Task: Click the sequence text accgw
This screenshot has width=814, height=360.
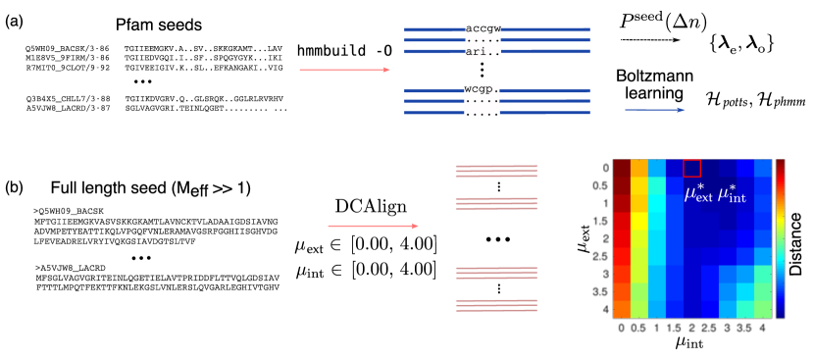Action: tap(483, 29)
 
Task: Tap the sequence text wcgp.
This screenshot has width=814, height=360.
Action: tap(480, 89)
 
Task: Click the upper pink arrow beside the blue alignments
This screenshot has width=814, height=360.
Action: tap(344, 70)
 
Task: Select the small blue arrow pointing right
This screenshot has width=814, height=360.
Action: tap(655, 110)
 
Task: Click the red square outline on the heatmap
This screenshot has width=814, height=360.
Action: tap(692, 168)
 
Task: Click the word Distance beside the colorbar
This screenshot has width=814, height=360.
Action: tap(796, 244)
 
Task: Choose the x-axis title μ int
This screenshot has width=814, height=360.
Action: tap(691, 343)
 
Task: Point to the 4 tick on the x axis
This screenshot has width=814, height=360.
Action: tap(763, 328)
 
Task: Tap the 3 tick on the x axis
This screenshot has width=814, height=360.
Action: tap(728, 328)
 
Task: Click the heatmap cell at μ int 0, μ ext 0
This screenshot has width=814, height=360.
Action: tap(622, 168)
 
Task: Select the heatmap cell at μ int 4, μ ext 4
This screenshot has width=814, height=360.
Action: tap(763, 309)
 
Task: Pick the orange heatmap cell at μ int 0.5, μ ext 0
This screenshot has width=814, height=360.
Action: tap(639, 168)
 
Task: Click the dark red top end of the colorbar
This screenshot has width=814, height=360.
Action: tap(780, 164)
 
